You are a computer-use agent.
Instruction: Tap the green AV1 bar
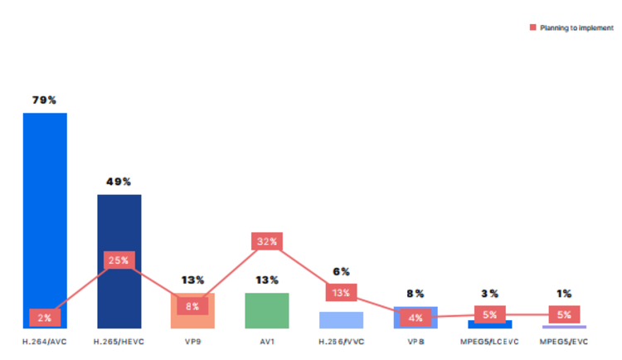tap(267, 311)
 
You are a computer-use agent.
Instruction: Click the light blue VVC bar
tap(341, 320)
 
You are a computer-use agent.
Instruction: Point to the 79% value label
tap(44, 100)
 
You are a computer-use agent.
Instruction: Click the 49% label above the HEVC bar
tap(119, 182)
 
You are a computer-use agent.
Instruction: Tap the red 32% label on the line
tap(267, 242)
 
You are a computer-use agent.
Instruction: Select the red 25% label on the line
tap(118, 260)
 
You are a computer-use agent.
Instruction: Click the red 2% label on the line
tap(43, 317)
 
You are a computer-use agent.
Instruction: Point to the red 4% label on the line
tap(415, 317)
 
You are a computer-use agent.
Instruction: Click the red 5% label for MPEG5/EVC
tap(564, 314)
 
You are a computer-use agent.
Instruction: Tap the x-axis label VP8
tap(415, 341)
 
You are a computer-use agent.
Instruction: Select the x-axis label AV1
tap(267, 341)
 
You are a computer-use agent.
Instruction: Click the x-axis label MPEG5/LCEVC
tap(489, 341)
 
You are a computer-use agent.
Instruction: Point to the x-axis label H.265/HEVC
tap(119, 341)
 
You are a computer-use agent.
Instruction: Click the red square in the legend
tap(532, 28)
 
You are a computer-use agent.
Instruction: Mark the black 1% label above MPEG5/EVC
tap(564, 294)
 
